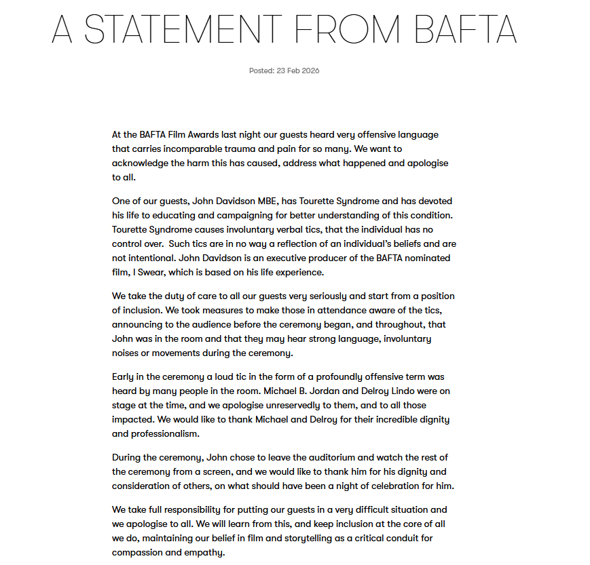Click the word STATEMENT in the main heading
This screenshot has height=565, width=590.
click(x=183, y=29)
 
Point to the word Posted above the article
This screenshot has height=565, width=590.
click(x=261, y=71)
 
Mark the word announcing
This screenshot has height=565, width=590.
click(x=136, y=324)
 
